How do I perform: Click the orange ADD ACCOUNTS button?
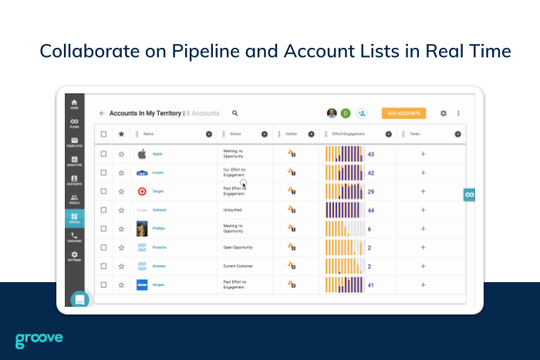point(403,113)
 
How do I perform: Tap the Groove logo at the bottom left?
point(39,339)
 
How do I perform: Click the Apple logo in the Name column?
point(142,154)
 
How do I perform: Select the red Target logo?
point(142,191)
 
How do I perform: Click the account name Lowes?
point(157,173)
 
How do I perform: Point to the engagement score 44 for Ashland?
point(371,210)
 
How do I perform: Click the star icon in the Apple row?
point(121,154)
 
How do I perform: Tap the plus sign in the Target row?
point(423,191)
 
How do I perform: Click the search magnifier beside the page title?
point(235,113)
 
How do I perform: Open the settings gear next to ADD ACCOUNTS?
point(444,113)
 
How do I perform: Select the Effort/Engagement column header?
point(346,134)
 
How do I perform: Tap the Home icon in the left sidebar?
point(74,104)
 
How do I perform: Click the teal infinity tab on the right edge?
point(469,194)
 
